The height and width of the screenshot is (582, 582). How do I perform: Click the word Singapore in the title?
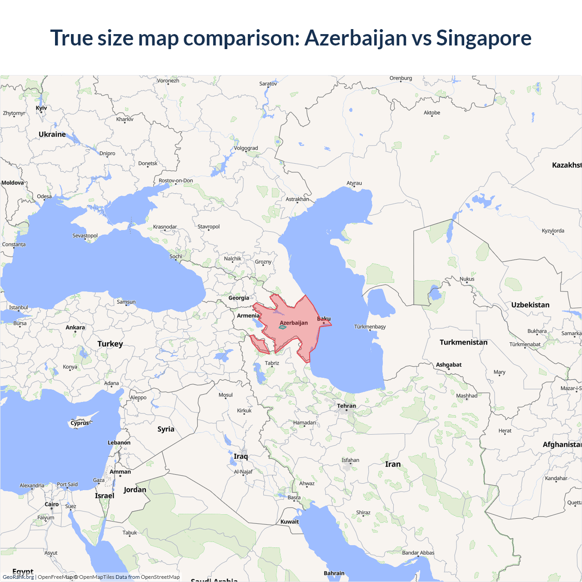483,38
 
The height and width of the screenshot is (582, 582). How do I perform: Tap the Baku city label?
324,319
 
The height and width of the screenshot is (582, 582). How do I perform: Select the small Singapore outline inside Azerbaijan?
282,327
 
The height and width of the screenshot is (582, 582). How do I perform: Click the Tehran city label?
346,406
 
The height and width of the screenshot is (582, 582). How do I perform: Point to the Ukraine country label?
52,134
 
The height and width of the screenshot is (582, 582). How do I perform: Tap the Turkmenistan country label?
463,342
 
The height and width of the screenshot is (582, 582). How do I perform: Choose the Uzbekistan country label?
530,305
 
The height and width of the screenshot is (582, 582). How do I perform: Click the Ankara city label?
75,327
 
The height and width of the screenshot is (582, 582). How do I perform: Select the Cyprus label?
80,423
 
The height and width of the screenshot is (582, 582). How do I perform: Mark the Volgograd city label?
246,148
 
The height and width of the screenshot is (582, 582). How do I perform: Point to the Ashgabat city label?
449,365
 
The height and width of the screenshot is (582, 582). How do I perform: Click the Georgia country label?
239,298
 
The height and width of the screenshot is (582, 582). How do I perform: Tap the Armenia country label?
248,316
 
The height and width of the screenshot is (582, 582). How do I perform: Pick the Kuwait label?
290,522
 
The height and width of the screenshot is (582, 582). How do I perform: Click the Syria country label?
166,429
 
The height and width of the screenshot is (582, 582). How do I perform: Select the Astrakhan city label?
297,199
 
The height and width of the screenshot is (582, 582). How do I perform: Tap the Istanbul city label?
19,307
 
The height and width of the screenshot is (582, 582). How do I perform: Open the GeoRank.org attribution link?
18,577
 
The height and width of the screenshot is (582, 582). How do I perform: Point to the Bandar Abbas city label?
418,553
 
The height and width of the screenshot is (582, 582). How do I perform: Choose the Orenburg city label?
401,78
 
